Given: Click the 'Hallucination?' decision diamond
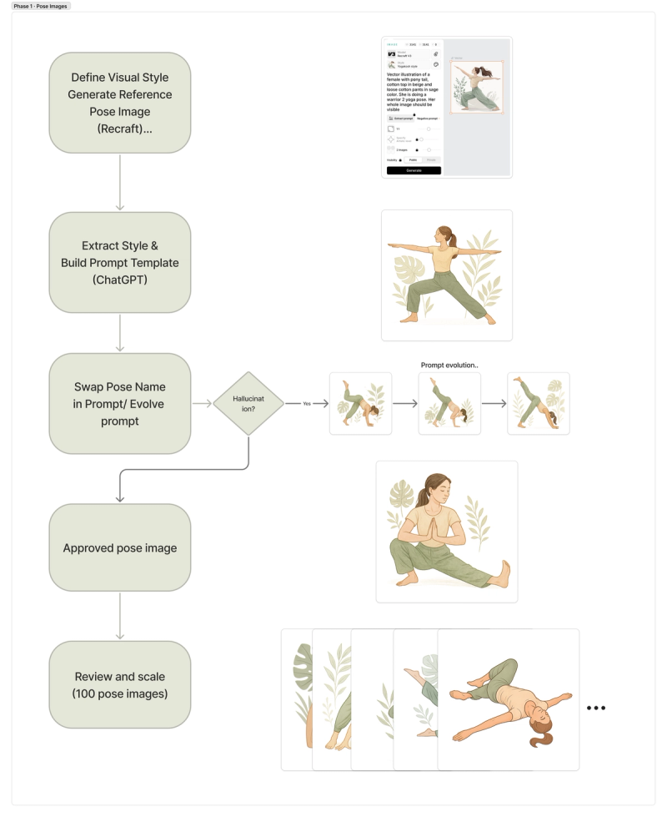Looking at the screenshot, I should pos(248,404).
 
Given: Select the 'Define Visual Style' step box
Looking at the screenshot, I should pos(120,103).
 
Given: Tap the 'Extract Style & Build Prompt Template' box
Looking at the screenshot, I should pos(120,262).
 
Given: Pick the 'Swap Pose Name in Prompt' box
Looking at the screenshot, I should pos(120,403).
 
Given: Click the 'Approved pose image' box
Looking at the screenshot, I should pos(120,547).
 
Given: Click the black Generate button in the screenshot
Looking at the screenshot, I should pos(414,170).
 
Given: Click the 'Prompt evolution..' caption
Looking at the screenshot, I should pos(449,365).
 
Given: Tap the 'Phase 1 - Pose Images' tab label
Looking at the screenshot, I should pos(42,6).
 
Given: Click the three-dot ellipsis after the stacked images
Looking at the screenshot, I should pos(595,709).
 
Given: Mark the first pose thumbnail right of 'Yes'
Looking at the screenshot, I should pos(360,403).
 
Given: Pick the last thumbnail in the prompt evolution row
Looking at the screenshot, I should pos(538,403).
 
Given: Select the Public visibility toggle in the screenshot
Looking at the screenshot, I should pos(412,159).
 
